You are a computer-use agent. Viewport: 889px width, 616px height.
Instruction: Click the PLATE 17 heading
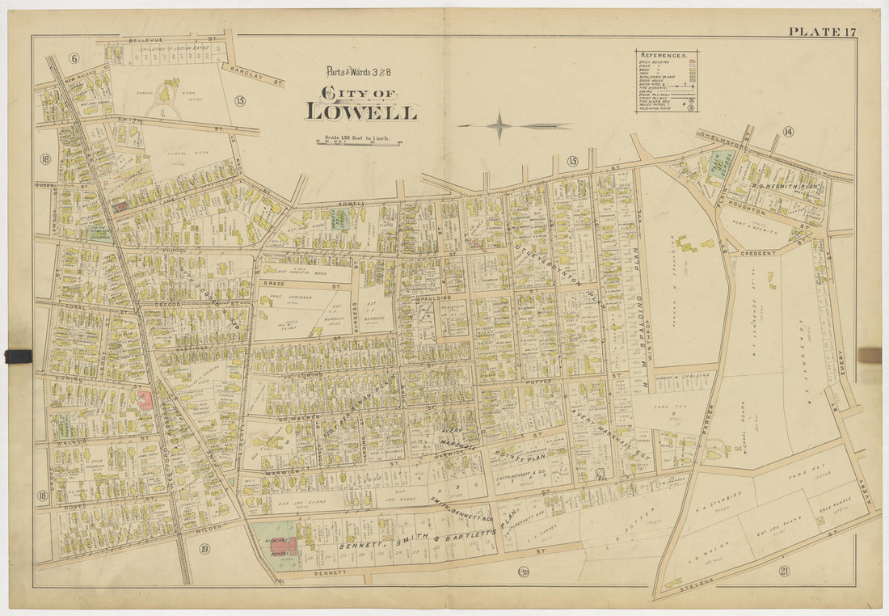822,32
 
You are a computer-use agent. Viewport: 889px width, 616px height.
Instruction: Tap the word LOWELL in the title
361,112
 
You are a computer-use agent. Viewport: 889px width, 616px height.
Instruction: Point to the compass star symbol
499,126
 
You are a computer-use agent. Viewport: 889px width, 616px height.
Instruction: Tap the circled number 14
787,132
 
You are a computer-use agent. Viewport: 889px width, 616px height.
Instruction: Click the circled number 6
74,57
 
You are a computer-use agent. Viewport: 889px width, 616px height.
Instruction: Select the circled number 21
783,572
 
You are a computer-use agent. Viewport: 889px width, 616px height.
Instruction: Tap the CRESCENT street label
758,253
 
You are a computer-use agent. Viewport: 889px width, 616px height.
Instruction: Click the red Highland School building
283,544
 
